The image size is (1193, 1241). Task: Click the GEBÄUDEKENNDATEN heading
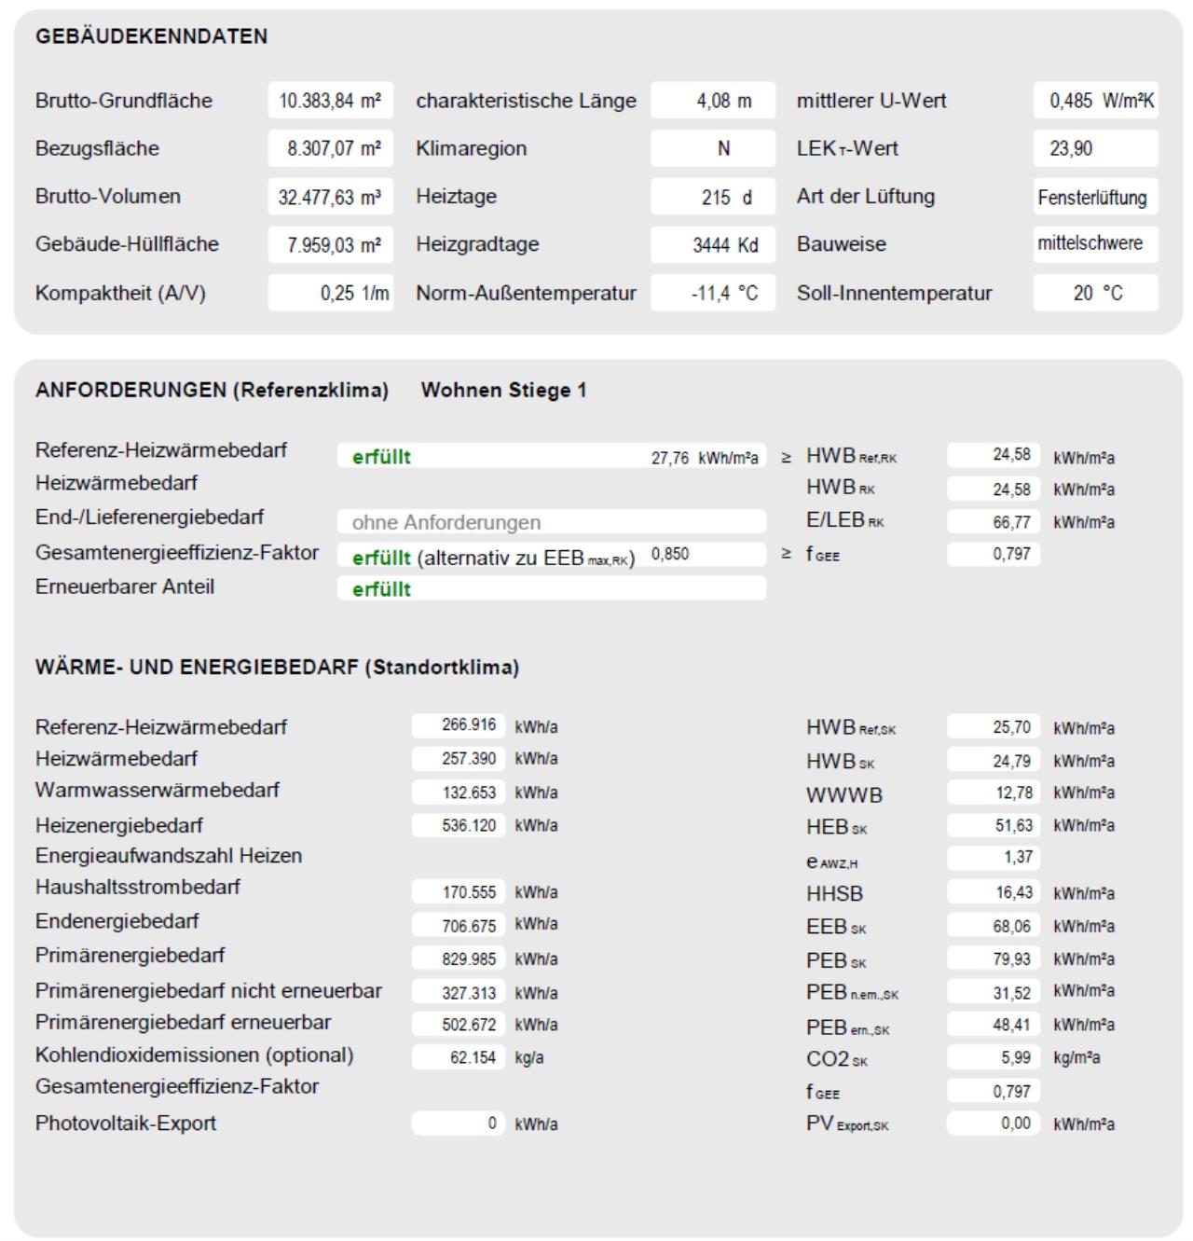151,36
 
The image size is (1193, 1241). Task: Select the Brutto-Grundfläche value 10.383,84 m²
330,101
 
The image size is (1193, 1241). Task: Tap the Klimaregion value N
723,148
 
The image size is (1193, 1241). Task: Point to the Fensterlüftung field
1092,198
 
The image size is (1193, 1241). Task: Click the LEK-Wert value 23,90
1071,148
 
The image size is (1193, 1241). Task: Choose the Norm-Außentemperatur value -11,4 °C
724,293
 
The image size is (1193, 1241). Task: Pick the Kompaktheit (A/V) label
120,293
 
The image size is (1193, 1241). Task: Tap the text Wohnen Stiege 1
503,390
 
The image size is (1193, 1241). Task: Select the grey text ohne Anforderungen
446,522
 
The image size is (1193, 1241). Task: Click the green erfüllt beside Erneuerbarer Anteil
381,588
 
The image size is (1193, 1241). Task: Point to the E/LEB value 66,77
1011,522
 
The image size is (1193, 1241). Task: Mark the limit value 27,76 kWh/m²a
704,457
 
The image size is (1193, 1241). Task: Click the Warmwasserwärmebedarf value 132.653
469,793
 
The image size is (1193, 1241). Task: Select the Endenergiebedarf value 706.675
469,925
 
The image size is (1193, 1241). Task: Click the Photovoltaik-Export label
126,1123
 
